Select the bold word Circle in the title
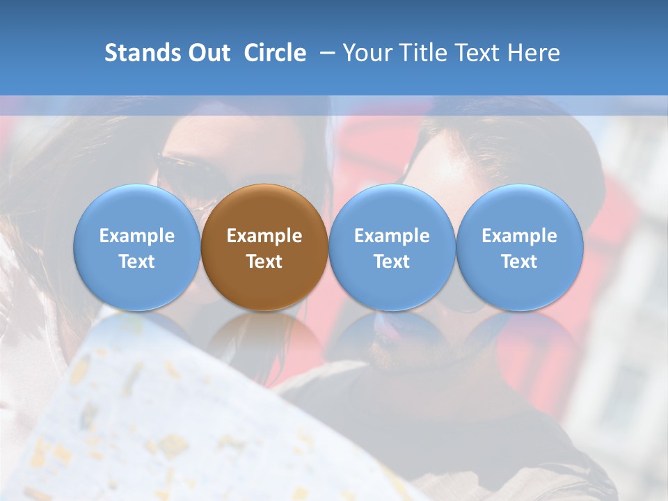coord(275,53)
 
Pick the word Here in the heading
coord(534,53)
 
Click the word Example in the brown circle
coord(264,236)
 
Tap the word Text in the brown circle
coord(264,262)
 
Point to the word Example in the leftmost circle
coord(137,236)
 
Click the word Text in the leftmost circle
coord(137,262)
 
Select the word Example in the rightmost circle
coord(520,236)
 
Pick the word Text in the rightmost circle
coord(520,262)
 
